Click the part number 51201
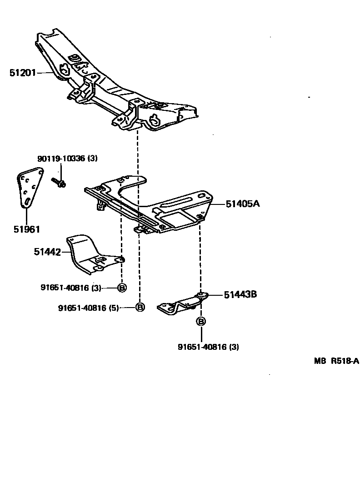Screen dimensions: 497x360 coord(23,72)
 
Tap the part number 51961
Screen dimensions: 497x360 coord(26,229)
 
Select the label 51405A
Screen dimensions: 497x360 coord(243,204)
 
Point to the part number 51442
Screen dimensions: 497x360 coord(47,251)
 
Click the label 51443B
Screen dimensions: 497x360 coord(240,294)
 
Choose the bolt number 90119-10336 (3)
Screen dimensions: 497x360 coord(67,159)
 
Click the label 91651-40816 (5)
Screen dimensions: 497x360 coord(88,308)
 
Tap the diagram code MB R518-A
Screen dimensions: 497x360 coord(336,361)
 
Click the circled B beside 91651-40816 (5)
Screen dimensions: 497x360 coord(140,308)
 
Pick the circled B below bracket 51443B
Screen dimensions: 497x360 coord(200,322)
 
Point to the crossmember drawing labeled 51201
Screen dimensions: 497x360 coord(118,86)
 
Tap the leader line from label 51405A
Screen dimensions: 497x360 coord(218,204)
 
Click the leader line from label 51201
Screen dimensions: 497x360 coord(46,72)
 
